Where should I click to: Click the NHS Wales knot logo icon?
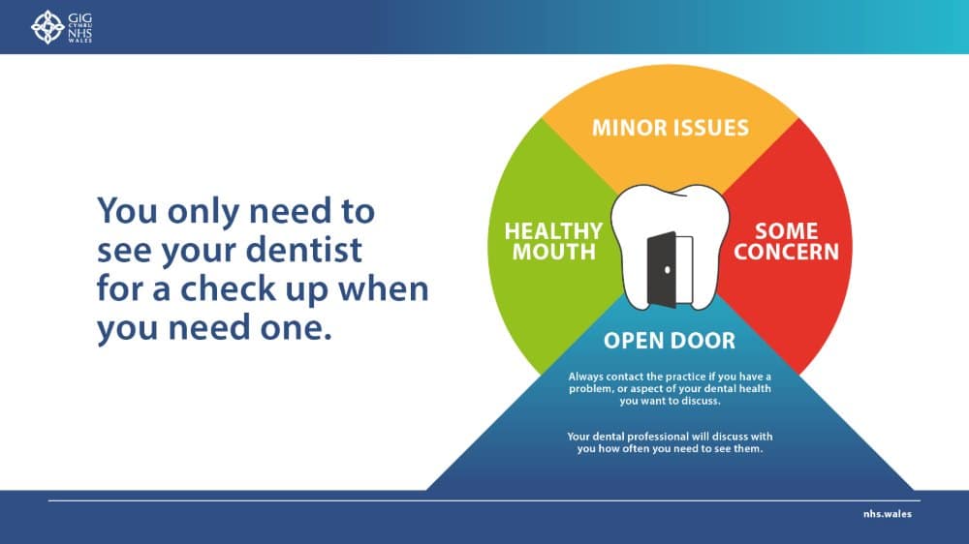pos(47,27)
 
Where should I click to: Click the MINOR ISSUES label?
pos(671,127)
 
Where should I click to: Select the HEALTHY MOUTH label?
pos(553,242)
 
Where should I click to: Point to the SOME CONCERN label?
pos(787,242)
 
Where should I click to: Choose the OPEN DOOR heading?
pos(670,341)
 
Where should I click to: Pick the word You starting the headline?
pos(127,210)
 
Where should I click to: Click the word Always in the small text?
pos(585,376)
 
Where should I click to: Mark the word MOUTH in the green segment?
pos(553,253)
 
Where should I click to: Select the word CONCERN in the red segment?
pos(787,253)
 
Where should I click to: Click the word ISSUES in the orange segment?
pos(711,127)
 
